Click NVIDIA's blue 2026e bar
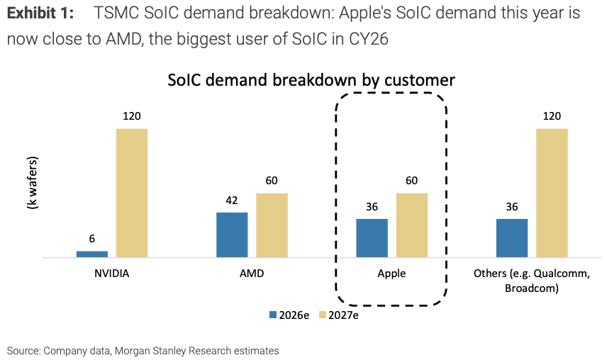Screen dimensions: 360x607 92,254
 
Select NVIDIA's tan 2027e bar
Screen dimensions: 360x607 132,193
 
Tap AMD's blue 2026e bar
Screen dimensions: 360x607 232,235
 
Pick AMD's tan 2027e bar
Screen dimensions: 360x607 272,225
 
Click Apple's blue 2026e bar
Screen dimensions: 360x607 372,237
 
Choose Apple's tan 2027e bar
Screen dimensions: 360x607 412,225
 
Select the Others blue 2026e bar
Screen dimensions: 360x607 512,237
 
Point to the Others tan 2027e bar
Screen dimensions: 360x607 552,193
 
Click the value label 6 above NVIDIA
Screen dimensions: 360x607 92,240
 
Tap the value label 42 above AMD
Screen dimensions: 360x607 232,201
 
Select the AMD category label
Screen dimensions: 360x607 252,274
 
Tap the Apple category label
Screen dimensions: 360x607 391,274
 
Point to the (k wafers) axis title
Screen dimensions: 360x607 31,183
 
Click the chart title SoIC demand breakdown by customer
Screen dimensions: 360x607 311,80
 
